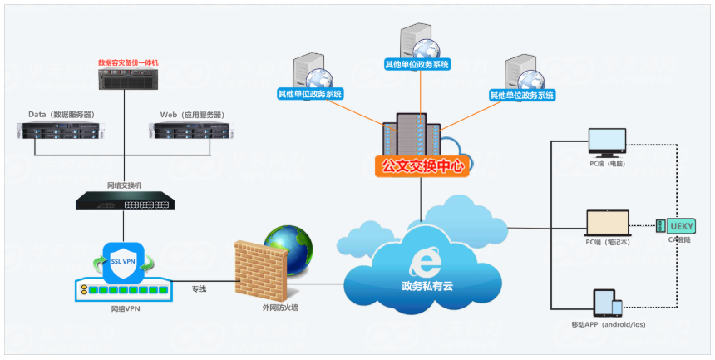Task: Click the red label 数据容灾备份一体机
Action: (126, 62)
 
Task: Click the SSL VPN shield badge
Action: (126, 262)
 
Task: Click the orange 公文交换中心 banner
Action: (421, 165)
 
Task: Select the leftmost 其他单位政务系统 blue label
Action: (309, 95)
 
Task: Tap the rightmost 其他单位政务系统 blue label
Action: (521, 95)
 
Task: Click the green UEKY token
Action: (673, 225)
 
